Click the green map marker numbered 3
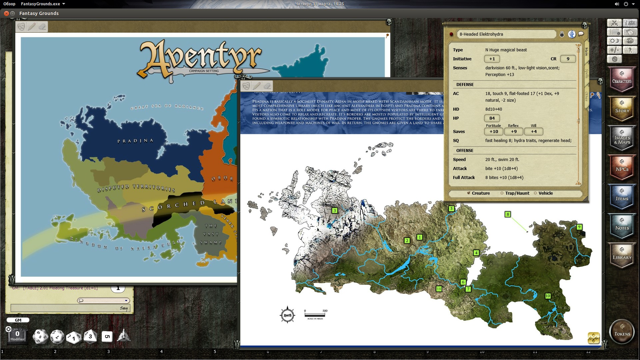(x=334, y=210)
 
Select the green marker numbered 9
(x=579, y=227)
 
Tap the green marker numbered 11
(x=439, y=289)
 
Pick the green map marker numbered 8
(x=507, y=214)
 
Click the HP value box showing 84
(x=492, y=118)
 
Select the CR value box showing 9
(x=568, y=59)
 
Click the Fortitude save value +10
(x=494, y=132)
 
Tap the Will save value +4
(x=534, y=132)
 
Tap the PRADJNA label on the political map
(x=135, y=141)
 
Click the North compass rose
(x=287, y=315)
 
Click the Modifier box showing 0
(x=17, y=335)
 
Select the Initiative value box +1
(x=492, y=59)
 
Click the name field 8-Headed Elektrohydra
(x=506, y=34)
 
